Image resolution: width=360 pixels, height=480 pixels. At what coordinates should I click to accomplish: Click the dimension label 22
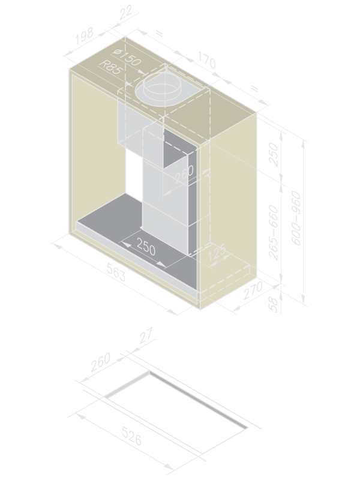tap(126, 12)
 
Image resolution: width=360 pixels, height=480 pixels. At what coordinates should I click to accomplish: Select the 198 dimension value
tap(84, 36)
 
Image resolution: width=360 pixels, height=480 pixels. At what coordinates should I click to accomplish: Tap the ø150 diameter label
tap(127, 57)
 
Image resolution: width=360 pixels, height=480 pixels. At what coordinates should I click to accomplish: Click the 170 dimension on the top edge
tap(207, 60)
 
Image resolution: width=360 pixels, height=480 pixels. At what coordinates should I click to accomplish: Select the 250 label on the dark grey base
tap(146, 247)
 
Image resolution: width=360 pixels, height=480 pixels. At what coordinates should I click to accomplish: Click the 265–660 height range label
tap(274, 233)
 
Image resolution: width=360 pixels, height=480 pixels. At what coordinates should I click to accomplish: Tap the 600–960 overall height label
tap(296, 218)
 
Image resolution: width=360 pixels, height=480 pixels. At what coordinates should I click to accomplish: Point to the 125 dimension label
tap(217, 252)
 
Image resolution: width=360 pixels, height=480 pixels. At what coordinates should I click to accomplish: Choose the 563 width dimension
tap(116, 272)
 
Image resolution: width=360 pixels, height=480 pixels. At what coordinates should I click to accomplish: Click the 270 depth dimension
tap(253, 290)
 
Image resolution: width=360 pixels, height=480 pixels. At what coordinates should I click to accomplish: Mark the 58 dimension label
tap(274, 304)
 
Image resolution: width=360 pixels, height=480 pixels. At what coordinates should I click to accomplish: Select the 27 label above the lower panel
tap(146, 335)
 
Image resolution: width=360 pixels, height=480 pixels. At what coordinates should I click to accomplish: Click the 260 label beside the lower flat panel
tap(101, 362)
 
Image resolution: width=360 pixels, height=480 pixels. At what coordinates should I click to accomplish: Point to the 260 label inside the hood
tap(184, 175)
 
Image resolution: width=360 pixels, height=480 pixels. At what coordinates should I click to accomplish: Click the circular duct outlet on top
tap(162, 89)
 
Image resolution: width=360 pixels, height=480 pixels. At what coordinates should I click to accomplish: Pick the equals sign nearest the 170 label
tap(160, 33)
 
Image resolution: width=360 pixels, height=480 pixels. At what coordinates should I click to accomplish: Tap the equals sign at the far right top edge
tap(254, 89)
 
